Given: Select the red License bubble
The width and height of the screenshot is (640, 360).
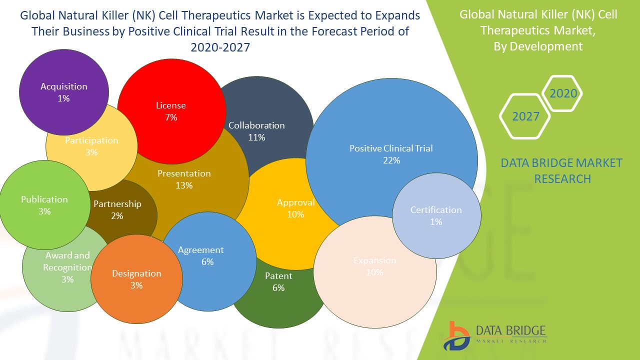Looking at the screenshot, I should (x=171, y=111).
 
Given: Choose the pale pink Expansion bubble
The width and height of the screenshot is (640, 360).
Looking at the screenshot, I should (x=374, y=272).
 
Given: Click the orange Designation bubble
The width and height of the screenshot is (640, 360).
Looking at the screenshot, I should (x=136, y=279).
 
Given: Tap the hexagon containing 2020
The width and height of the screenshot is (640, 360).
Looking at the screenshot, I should (x=563, y=93).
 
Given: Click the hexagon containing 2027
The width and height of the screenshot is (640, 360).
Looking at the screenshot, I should (x=525, y=116).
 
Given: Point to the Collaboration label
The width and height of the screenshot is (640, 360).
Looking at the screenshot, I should (x=256, y=125).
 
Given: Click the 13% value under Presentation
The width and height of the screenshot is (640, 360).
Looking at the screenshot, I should (x=184, y=185).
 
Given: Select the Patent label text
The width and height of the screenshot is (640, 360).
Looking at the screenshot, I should (x=278, y=276).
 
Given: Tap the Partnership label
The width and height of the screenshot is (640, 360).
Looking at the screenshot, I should (x=117, y=204).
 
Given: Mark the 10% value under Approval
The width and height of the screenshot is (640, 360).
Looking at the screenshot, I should (x=295, y=214).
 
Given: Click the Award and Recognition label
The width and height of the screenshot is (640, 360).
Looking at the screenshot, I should (x=67, y=261).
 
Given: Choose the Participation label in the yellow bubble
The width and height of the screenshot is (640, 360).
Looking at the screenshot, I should (x=91, y=140).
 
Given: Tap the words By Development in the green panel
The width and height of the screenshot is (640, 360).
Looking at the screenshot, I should (x=538, y=46).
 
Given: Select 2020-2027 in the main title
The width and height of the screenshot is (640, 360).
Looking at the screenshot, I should (x=220, y=47).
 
